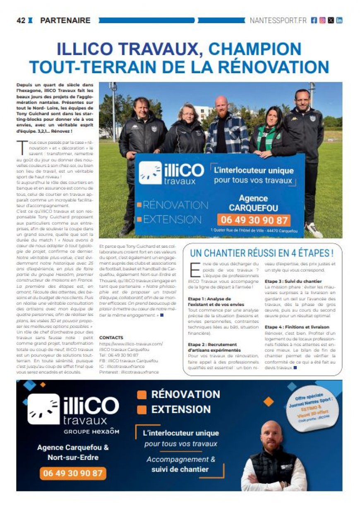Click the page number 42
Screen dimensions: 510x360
[21, 20]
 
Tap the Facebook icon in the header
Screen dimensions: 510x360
[314, 20]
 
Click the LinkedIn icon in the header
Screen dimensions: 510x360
[339, 20]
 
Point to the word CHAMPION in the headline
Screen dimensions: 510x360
[255, 49]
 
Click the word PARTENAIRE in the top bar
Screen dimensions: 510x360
[65, 20]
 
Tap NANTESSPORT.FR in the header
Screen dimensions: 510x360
[278, 20]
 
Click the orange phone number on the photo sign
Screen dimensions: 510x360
[254, 220]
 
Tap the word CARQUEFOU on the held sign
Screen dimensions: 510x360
[254, 207]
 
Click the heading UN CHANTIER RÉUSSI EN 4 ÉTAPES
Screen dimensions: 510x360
[262, 253]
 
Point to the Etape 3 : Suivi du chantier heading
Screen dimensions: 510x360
[293, 281]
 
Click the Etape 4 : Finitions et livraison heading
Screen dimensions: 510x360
[297, 327]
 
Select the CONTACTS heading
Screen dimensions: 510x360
[111, 338]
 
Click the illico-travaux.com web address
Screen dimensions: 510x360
[131, 344]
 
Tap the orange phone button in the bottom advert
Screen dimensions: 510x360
[73, 473]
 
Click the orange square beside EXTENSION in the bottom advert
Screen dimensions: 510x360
[142, 409]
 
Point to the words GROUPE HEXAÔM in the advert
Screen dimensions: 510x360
[91, 431]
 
